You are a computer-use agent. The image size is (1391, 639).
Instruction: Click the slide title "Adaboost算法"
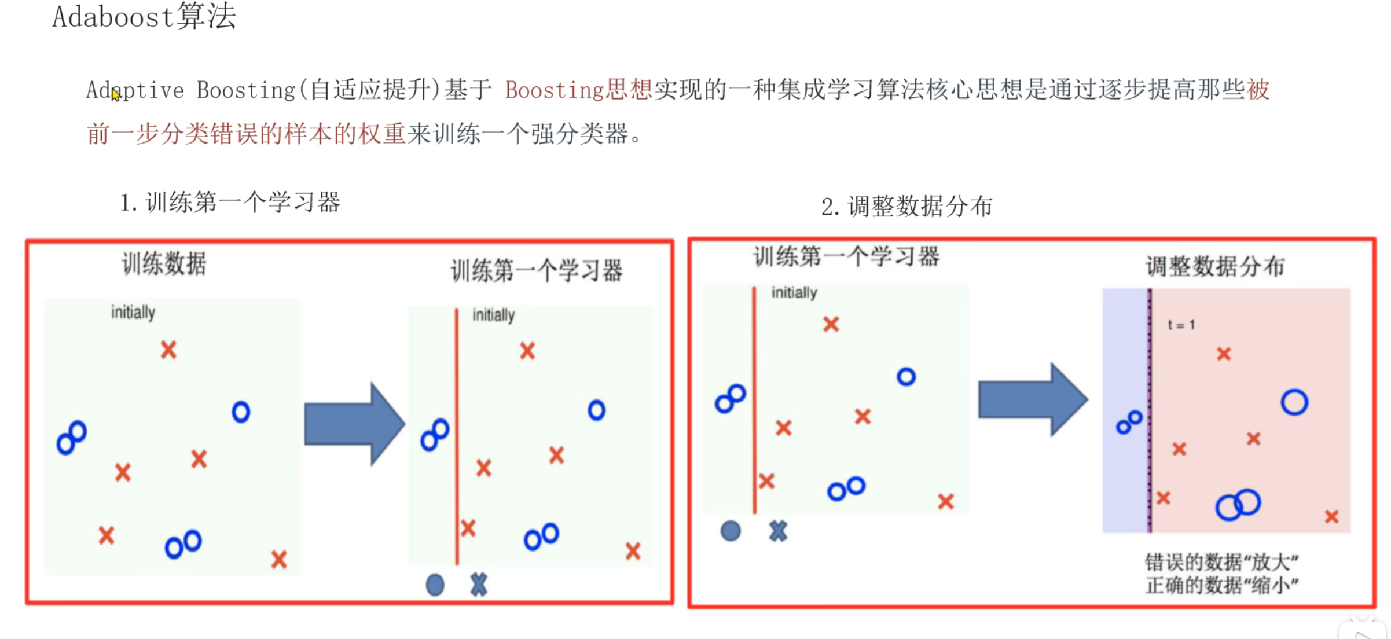tap(144, 16)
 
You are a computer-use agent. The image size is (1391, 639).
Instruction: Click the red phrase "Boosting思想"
tap(578, 90)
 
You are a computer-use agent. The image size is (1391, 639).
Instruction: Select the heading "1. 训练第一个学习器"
tap(230, 203)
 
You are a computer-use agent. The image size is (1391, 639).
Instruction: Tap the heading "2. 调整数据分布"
tap(906, 207)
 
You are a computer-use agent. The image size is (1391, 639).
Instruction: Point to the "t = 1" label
tap(1181, 325)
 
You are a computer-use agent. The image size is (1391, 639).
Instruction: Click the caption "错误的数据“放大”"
tap(1221, 562)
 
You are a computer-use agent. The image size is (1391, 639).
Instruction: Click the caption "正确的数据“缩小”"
tap(1221, 585)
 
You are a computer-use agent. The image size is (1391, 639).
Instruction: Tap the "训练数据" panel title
tap(164, 264)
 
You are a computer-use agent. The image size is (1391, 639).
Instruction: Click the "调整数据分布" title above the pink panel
tap(1214, 267)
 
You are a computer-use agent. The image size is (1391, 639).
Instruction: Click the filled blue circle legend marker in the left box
tap(435, 585)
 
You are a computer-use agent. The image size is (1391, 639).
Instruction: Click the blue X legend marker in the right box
tap(778, 531)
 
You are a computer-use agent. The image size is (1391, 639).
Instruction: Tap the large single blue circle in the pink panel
tap(1294, 402)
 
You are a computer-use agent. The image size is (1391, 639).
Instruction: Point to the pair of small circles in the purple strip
tap(1129, 423)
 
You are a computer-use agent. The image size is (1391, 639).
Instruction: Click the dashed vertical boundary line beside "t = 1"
tap(1150, 405)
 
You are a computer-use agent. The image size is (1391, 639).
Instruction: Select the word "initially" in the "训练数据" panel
tap(133, 313)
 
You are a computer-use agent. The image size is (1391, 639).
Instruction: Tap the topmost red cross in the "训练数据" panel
tap(168, 350)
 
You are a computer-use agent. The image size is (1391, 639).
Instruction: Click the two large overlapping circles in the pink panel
tap(1238, 505)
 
